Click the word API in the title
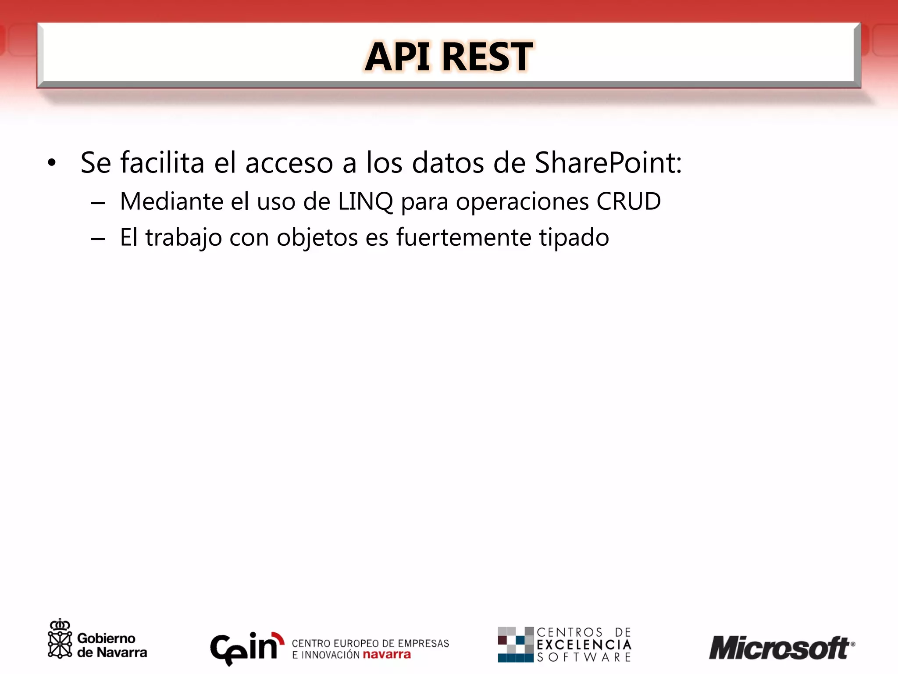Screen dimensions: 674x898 pos(397,57)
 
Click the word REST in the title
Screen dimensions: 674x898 pos(488,57)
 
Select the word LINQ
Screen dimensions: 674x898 pos(365,202)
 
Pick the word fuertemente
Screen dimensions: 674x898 pos(463,238)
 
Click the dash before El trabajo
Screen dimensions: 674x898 pos(98,240)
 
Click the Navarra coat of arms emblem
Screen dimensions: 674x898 pos(60,639)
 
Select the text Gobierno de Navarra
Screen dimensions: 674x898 pos(112,645)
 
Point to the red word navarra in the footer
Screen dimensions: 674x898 pos(387,655)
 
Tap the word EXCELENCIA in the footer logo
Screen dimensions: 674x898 pos(584,645)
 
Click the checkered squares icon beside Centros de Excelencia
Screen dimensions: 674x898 pos(515,644)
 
